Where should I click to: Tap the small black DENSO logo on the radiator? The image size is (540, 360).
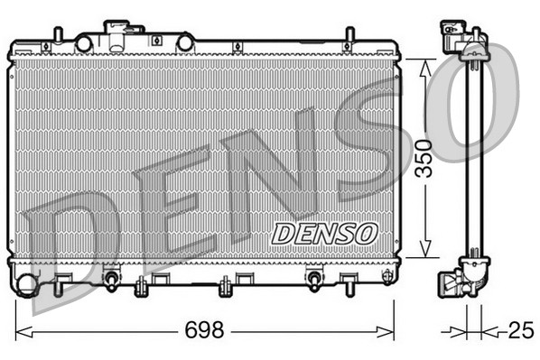coord(323,232)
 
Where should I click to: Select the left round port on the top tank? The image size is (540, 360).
coord(83,43)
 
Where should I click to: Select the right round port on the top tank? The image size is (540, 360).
coord(185,42)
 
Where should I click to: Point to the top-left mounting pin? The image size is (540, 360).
coord(60,35)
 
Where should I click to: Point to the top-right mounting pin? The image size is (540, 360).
coord(349,37)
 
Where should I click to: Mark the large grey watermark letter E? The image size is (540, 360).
coord(167,198)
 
